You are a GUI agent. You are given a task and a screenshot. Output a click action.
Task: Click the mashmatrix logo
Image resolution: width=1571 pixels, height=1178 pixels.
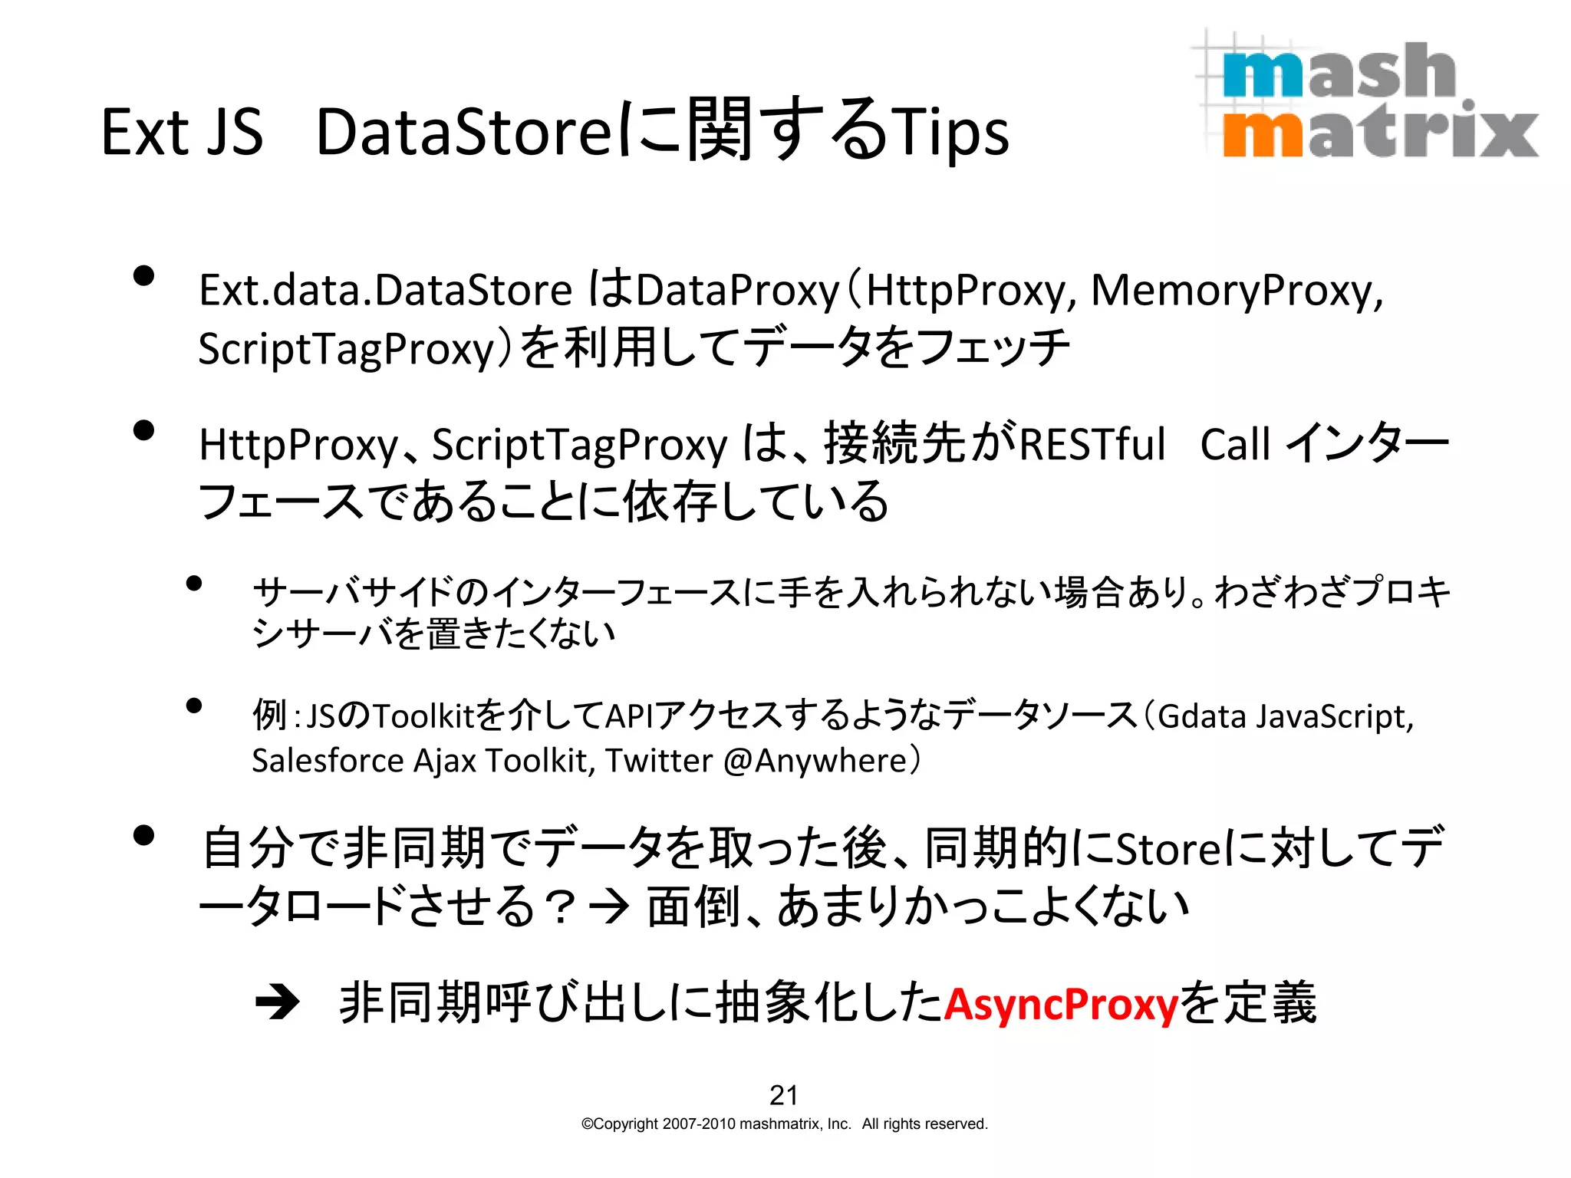tap(1365, 96)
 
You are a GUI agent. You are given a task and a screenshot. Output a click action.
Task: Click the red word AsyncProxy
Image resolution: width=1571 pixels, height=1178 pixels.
tap(1060, 1004)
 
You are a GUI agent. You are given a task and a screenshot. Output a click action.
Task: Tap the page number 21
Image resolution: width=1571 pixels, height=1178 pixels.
tap(783, 1095)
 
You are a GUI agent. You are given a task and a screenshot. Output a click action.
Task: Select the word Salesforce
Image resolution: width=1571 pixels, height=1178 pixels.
tap(328, 761)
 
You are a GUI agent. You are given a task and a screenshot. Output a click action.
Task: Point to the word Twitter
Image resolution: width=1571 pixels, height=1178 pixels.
tap(659, 761)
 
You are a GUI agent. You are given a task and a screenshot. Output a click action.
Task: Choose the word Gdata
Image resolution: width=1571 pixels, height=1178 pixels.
tap(1201, 717)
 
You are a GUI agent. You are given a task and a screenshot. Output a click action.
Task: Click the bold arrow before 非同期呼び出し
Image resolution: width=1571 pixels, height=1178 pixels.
tap(278, 1002)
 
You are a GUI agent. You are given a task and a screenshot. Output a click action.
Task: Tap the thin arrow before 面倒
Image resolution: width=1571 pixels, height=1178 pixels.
tap(610, 907)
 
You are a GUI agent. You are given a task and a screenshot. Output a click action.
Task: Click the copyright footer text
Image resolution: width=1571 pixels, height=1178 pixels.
tap(784, 1124)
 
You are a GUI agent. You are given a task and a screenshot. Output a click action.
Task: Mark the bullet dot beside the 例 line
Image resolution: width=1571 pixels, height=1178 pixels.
tap(193, 706)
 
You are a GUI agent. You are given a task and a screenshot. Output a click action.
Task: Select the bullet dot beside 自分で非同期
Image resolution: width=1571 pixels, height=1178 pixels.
tap(143, 835)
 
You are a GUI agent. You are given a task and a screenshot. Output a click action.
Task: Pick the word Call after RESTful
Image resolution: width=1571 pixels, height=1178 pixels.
tap(1235, 445)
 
